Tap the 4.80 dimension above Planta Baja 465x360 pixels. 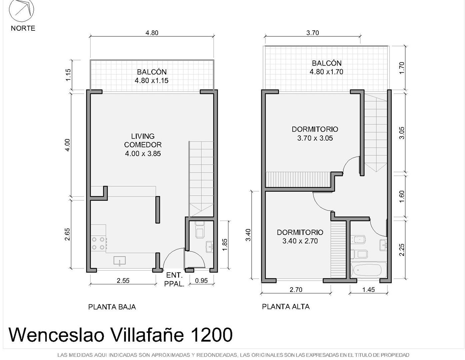click(x=152, y=33)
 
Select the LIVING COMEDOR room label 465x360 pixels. click(x=143, y=145)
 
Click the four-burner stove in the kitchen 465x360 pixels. click(x=98, y=243)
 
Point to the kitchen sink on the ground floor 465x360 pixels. click(x=119, y=261)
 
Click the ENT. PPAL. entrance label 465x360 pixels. click(x=174, y=280)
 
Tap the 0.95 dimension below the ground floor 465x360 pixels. click(x=201, y=281)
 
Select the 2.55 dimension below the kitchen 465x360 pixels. click(x=123, y=281)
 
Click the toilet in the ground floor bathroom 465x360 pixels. click(x=200, y=230)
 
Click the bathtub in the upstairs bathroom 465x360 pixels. click(x=368, y=270)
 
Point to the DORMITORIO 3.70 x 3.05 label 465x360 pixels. click(x=315, y=134)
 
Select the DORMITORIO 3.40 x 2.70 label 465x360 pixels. click(x=300, y=237)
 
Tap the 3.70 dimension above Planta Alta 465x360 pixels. click(x=312, y=33)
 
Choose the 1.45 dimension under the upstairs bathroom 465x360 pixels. click(x=368, y=290)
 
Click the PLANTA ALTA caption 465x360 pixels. click(x=286, y=307)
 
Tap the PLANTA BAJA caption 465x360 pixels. click(x=112, y=307)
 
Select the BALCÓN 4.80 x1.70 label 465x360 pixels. click(x=326, y=67)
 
